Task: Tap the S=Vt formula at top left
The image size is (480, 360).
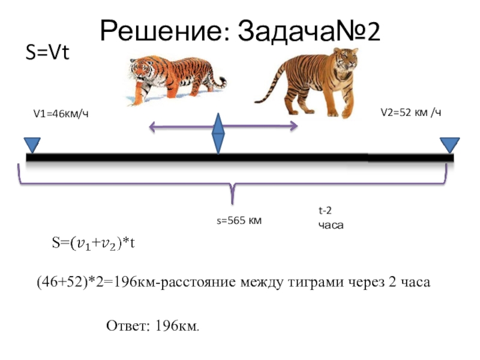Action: (47, 53)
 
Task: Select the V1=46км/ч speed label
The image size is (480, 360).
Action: (64, 113)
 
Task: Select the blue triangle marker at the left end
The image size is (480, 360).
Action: (32, 145)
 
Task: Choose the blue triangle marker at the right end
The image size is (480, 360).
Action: (449, 145)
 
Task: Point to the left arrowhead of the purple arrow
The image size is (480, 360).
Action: (152, 126)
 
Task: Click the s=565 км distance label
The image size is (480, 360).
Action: (239, 221)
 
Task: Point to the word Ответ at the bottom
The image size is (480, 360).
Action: (127, 326)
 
